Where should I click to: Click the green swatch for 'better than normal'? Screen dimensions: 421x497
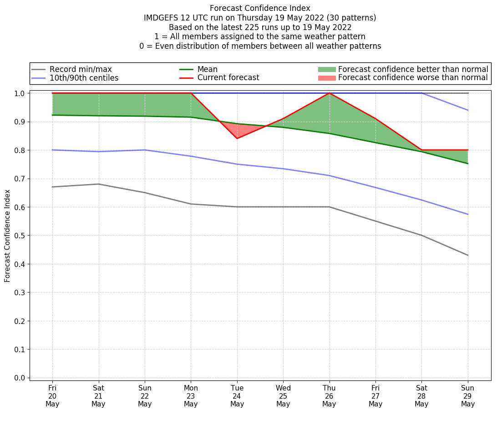tap(326, 69)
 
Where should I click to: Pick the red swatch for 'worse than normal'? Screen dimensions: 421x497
tap(326, 78)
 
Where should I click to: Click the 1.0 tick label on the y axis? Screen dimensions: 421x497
tap(20, 93)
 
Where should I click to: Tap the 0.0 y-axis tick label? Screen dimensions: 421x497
tap(20, 378)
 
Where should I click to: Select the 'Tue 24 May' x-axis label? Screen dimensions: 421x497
tap(237, 395)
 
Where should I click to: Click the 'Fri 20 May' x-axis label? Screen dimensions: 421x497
tap(52, 395)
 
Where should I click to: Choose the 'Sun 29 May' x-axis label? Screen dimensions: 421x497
tap(468, 395)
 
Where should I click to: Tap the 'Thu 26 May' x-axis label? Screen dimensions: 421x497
tap(329, 395)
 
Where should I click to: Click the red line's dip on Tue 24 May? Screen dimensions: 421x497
tap(237, 139)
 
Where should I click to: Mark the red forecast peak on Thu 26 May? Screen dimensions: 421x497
tap(329, 93)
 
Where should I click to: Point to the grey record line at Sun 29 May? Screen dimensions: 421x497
tap(468, 255)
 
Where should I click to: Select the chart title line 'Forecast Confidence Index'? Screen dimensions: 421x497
tap(260, 8)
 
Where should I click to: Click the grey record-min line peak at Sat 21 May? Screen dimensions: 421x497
tap(98, 184)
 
